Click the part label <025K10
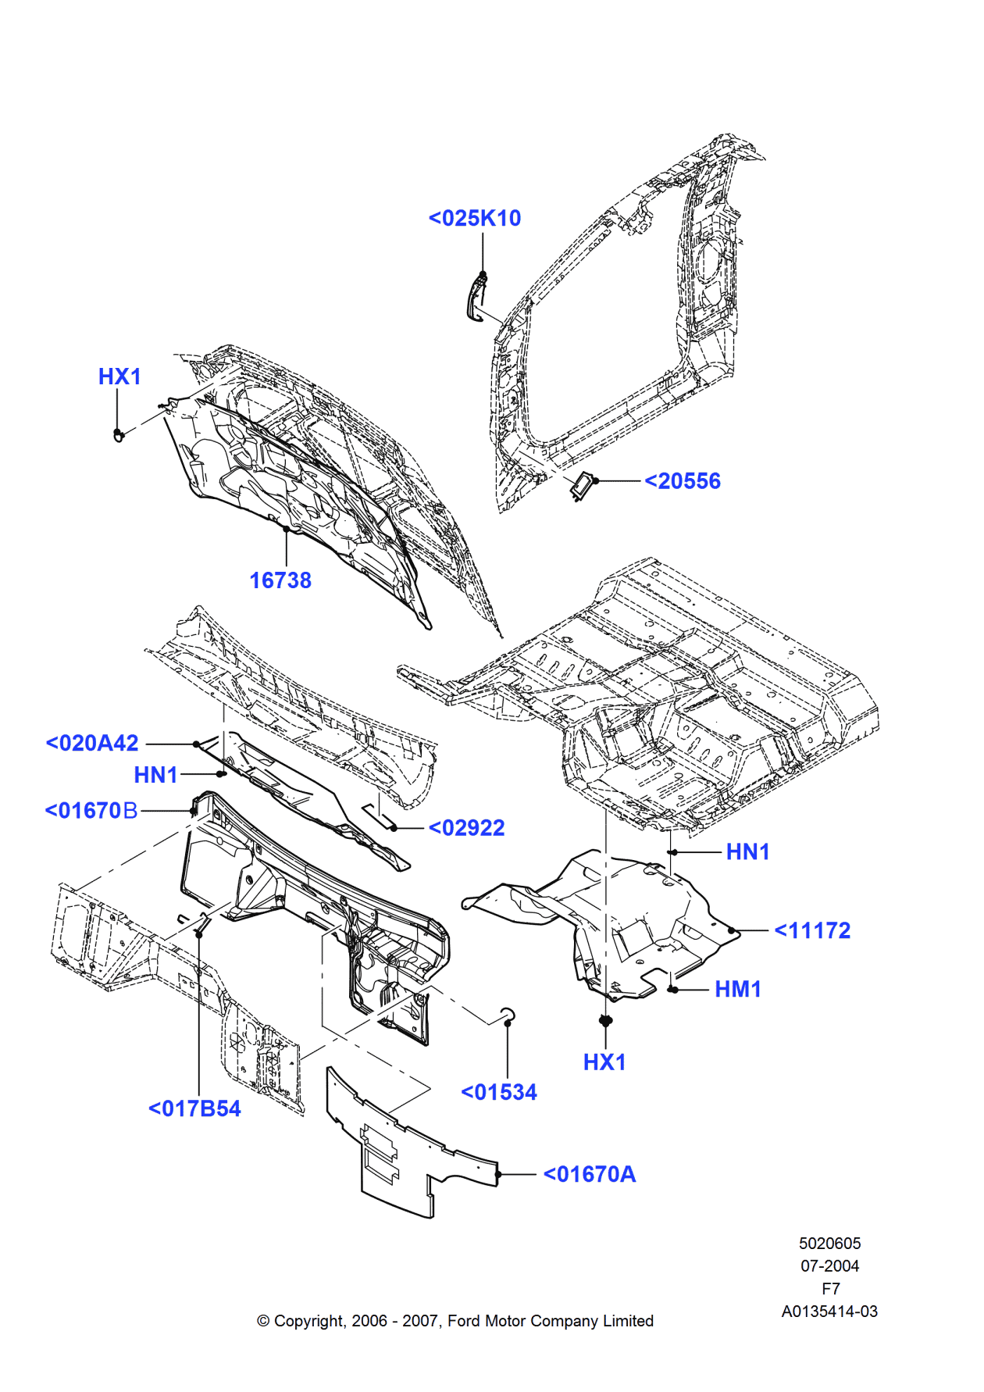click(x=475, y=218)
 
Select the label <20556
click(x=683, y=481)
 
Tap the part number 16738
click(x=280, y=580)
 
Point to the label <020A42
click(x=92, y=743)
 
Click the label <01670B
click(x=91, y=811)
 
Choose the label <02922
click(x=467, y=828)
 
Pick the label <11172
click(x=812, y=930)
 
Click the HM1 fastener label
click(x=738, y=989)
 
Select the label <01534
click(x=499, y=1092)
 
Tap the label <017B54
click(x=194, y=1108)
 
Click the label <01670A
click(x=590, y=1174)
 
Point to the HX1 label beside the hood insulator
click(x=119, y=377)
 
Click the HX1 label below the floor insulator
click(x=604, y=1062)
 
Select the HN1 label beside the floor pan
click(x=747, y=851)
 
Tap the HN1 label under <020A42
click(x=155, y=775)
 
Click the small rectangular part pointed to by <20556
click(x=582, y=487)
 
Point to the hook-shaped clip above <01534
click(x=507, y=1014)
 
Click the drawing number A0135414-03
click(x=829, y=1312)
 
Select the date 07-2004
click(x=829, y=1266)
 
